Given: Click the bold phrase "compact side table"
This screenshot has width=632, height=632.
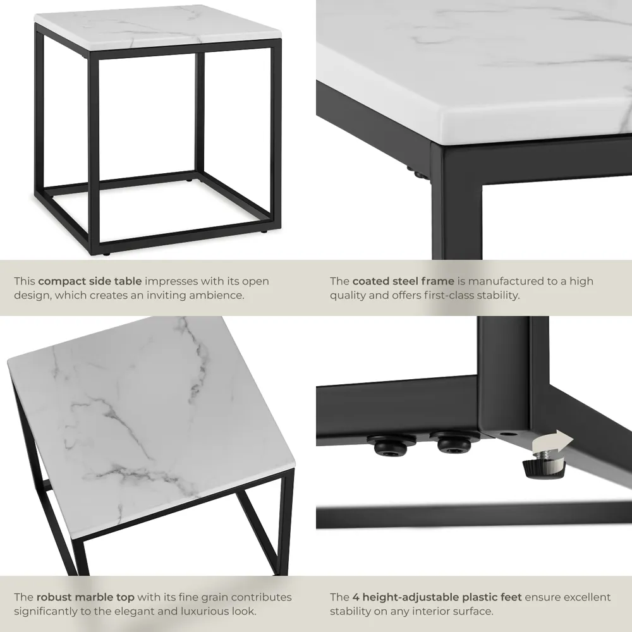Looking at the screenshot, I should pos(90,281).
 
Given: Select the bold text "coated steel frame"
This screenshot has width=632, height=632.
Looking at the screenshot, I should pos(403,281).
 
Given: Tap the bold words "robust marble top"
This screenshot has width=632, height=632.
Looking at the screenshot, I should pos(86,597).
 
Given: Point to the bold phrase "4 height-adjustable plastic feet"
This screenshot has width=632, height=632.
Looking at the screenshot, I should pos(436,597).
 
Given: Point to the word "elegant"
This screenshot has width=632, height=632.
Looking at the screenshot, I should pos(138,611).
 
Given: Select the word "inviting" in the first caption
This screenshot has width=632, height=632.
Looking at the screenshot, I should pos(161,295).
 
